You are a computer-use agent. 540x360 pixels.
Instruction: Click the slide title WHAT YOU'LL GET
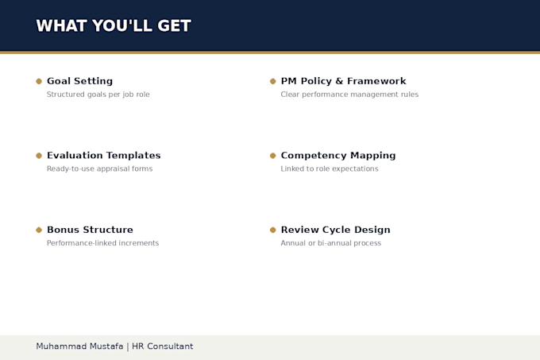114,26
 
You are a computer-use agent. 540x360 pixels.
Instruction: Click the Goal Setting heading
79,81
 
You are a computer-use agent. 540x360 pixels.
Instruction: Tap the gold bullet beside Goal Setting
39,81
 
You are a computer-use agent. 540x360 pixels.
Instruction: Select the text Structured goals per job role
98,95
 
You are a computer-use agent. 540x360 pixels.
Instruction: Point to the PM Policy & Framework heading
343,81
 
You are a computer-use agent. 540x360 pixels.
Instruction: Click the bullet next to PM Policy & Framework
272,81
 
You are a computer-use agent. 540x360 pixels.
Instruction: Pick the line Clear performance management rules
349,95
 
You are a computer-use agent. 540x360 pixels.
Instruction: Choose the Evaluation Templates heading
104,156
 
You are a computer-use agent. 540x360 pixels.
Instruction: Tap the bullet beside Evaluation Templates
39,156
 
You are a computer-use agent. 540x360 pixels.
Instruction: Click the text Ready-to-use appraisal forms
99,168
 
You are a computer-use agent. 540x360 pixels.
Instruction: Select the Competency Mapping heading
338,156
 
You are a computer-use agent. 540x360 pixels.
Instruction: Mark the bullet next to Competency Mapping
272,156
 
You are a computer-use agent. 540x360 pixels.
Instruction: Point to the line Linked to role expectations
330,168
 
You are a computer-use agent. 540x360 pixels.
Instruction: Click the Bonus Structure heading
90,230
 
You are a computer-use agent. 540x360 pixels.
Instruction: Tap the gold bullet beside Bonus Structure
39,230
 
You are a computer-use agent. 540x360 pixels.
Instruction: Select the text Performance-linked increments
103,243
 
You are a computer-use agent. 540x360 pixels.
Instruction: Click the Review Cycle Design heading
335,230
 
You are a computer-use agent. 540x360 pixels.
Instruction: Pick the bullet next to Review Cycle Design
272,230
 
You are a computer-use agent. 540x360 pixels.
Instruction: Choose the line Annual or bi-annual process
331,243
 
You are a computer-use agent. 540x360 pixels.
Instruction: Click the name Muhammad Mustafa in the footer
79,346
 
